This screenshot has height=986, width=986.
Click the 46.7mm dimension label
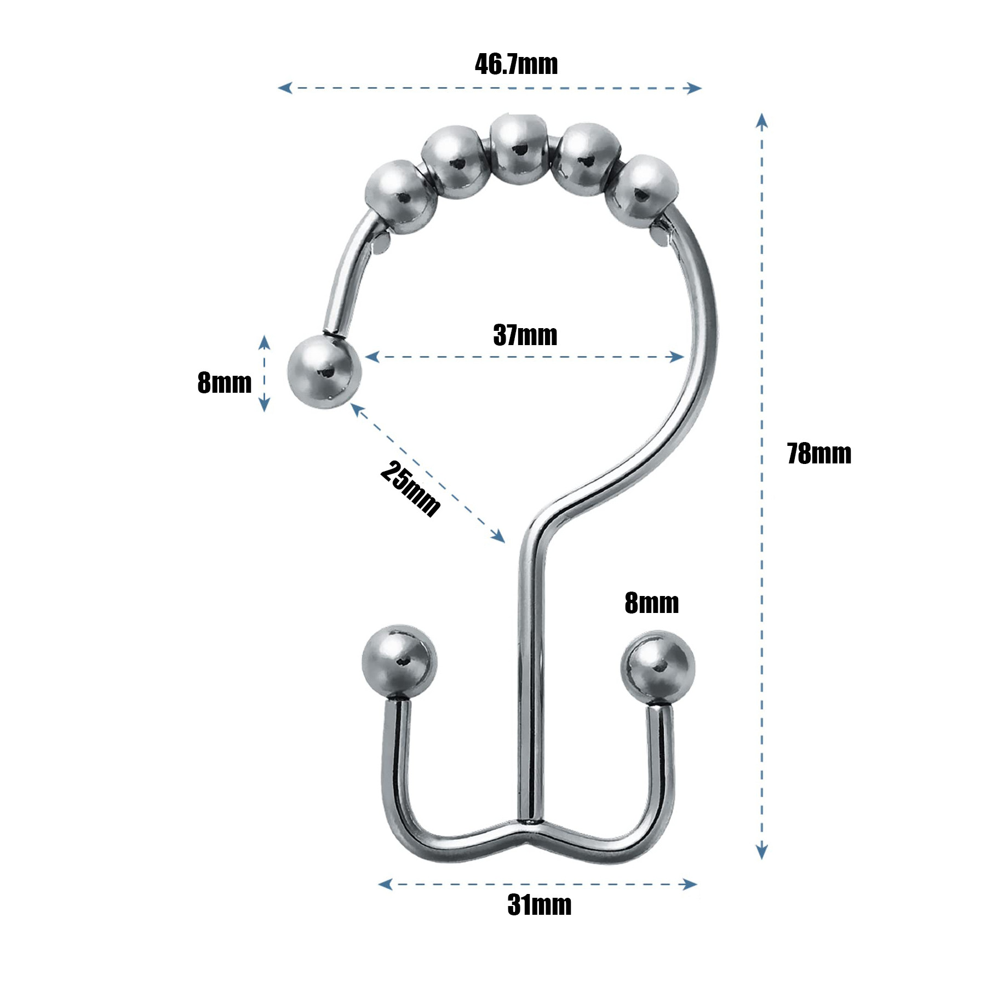(516, 64)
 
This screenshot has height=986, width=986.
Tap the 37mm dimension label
(525, 335)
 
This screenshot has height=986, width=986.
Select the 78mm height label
(819, 454)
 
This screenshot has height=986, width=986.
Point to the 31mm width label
(540, 904)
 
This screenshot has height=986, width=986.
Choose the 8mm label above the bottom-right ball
(651, 603)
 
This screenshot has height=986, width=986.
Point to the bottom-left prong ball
(399, 662)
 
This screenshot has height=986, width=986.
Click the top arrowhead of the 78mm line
(761, 121)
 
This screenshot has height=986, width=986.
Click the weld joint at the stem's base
(530, 822)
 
